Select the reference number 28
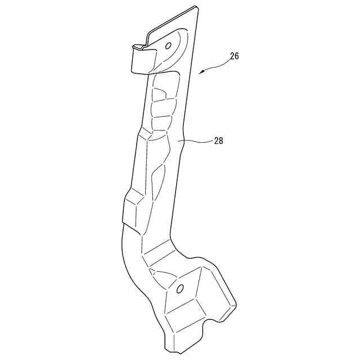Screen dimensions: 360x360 tap(219, 141)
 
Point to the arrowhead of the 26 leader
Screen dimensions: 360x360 tap(201, 73)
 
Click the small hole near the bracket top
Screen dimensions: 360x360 tap(168, 46)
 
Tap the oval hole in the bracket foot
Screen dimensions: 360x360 tap(180, 289)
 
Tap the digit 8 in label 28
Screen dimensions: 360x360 tap(222, 141)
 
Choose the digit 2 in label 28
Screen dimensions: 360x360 tap(216, 141)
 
